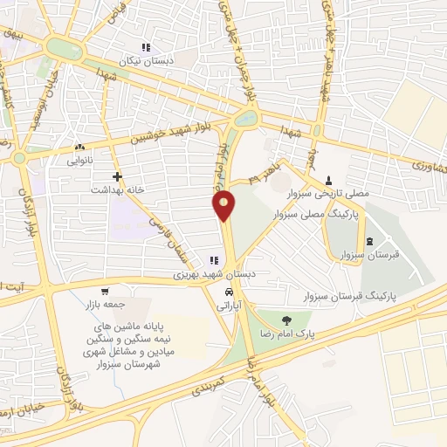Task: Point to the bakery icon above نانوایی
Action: (80, 147)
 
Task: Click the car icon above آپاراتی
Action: (228, 291)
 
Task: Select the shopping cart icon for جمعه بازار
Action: (105, 292)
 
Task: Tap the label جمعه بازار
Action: (106, 306)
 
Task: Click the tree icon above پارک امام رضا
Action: (289, 318)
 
